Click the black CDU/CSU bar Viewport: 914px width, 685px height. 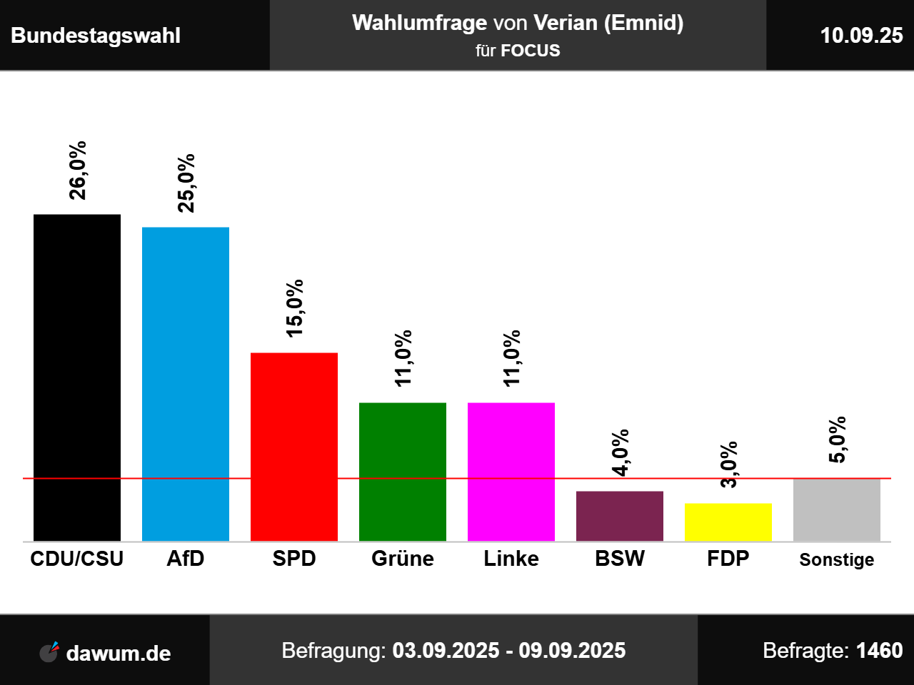coord(77,377)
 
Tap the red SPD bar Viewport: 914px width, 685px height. coord(294,447)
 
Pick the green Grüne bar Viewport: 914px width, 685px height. coord(403,472)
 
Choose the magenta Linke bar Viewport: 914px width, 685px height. coord(511,472)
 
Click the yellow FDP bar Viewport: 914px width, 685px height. coord(728,522)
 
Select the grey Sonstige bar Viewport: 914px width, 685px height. coord(837,509)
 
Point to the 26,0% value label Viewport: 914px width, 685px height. coord(77,171)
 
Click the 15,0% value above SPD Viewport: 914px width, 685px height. coord(294,308)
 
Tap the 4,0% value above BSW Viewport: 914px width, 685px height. coord(620,452)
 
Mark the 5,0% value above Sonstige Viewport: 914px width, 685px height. coord(837,440)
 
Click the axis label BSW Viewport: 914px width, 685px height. coord(620,559)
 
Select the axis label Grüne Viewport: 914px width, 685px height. coord(403,559)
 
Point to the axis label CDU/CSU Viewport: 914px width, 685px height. coord(77,559)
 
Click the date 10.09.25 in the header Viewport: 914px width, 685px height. coord(861,36)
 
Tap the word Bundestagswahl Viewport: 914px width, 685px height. coord(96,36)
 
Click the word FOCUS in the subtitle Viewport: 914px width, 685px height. coord(531,51)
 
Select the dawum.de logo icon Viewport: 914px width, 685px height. coord(49,652)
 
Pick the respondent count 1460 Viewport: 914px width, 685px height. coord(879,651)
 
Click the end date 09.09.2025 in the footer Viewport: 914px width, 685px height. coord(572,651)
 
